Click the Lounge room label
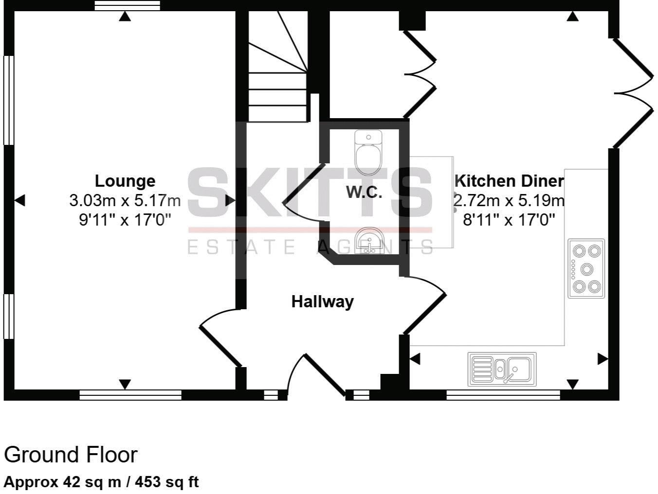click(125, 181)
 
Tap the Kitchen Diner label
click(509, 181)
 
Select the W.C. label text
click(364, 192)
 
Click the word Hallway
click(322, 301)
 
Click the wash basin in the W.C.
click(369, 241)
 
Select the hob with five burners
click(586, 268)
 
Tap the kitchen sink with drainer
click(502, 369)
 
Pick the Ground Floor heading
click(71, 455)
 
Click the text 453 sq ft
click(166, 482)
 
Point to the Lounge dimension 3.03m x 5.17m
click(125, 200)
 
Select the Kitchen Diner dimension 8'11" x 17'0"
click(509, 220)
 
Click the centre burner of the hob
click(587, 268)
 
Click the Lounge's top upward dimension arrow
click(125, 17)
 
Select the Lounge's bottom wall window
click(130, 395)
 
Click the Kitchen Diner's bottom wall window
click(503, 395)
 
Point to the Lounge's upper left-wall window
click(8, 100)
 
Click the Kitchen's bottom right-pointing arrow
click(603, 359)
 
